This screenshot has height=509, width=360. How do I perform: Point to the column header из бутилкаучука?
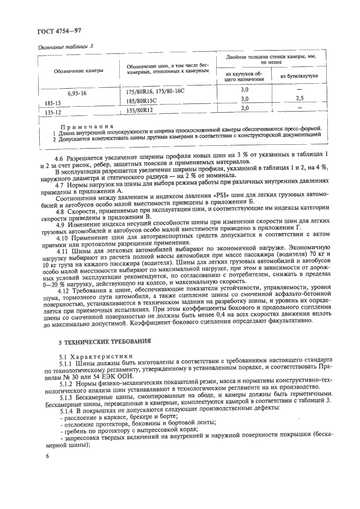point(299,77)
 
